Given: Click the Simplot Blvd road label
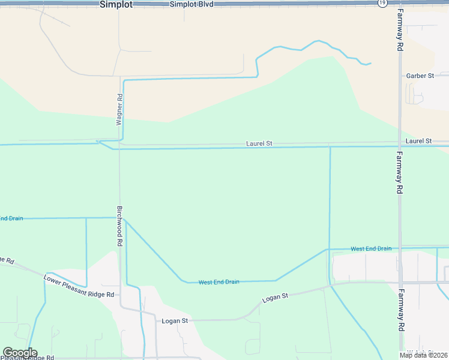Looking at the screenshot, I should click(x=191, y=4).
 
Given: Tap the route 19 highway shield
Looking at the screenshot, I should click(x=382, y=3).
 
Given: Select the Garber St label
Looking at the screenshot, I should click(x=420, y=76).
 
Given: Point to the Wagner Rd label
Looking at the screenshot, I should click(x=119, y=109).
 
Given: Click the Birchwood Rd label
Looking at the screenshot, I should click(x=119, y=227).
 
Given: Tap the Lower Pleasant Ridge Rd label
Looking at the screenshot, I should click(x=79, y=286).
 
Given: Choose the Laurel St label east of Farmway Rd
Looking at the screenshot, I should click(x=418, y=141).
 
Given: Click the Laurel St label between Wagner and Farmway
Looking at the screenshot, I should click(x=259, y=144).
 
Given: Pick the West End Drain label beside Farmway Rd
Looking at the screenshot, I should click(x=371, y=248).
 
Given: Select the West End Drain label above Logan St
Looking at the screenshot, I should click(x=218, y=282).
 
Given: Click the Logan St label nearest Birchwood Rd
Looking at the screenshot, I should click(x=175, y=321).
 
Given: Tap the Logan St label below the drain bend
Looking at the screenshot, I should click(x=276, y=297).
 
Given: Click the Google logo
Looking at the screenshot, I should click(x=20, y=353).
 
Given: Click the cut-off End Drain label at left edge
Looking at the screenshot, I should click(x=11, y=218).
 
